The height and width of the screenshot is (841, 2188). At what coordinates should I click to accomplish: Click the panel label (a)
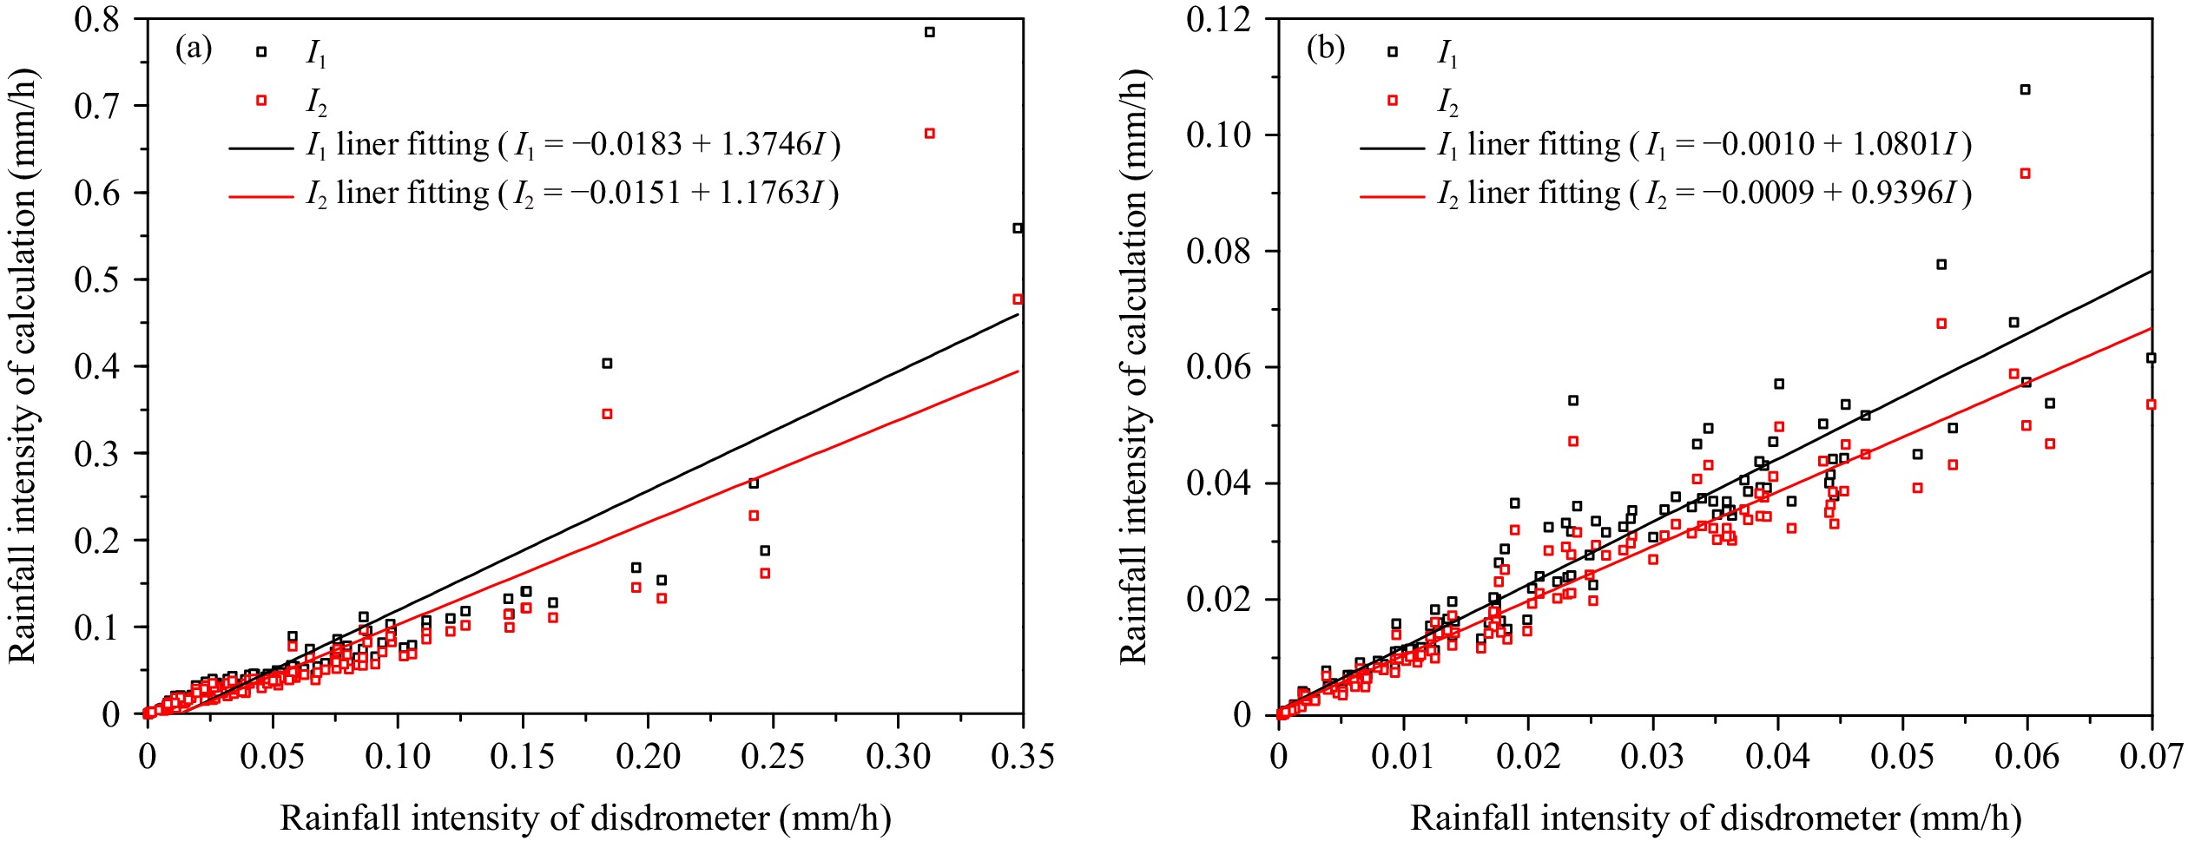pos(194,48)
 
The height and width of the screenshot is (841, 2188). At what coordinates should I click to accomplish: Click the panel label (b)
pos(1326,48)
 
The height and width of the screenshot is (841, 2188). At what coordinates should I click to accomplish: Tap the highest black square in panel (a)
pos(930,32)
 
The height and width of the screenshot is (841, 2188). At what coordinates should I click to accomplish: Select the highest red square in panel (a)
pos(930,134)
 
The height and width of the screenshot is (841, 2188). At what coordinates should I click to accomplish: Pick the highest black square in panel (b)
pos(2026,89)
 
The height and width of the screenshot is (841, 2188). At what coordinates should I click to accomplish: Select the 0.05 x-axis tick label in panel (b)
pos(1902,757)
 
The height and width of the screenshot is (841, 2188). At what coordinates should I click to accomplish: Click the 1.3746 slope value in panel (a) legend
pos(765,145)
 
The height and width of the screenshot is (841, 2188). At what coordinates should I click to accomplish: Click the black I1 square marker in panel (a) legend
pos(261,52)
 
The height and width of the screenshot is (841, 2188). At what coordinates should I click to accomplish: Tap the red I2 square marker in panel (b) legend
pos(1393,101)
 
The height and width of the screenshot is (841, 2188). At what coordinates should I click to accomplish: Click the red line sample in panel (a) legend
pos(261,197)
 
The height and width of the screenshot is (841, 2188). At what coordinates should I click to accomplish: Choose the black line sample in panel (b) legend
pos(1393,148)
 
